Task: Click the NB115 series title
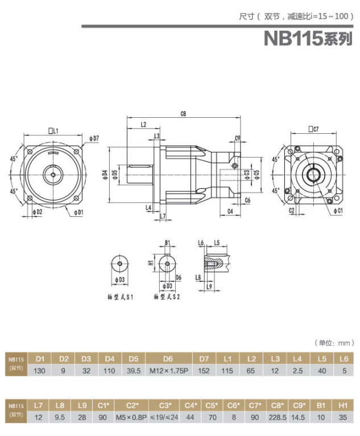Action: pos(308,38)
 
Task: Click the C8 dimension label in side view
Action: pos(184,114)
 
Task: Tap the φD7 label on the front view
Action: pos(94,138)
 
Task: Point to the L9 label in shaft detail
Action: pos(209,286)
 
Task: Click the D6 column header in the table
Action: pos(168,359)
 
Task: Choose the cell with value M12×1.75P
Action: pos(168,371)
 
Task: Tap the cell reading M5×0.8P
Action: pos(132,417)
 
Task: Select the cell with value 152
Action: pos(204,371)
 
